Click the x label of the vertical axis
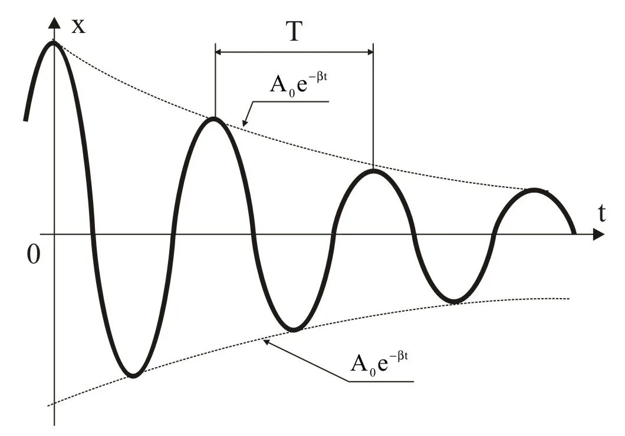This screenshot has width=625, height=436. (78, 25)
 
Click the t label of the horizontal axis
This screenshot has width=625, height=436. (602, 214)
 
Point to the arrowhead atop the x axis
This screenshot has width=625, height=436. (54, 23)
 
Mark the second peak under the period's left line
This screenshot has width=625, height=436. (215, 120)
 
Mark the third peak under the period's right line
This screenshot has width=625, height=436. (373, 171)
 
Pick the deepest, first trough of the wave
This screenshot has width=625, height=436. (134, 375)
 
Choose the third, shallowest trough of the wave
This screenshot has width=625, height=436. (454, 302)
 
